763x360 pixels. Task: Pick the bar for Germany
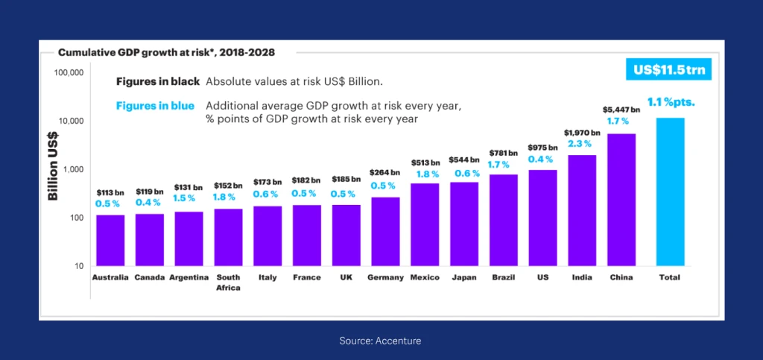[385, 231]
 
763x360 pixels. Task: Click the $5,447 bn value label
[622, 110]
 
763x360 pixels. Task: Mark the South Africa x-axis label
[228, 282]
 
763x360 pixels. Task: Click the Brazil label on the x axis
[504, 277]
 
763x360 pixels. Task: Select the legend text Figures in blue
[155, 106]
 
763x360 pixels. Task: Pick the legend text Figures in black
[156, 81]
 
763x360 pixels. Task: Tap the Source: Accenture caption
[381, 341]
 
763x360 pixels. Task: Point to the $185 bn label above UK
[346, 180]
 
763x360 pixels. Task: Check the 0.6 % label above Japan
[464, 174]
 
